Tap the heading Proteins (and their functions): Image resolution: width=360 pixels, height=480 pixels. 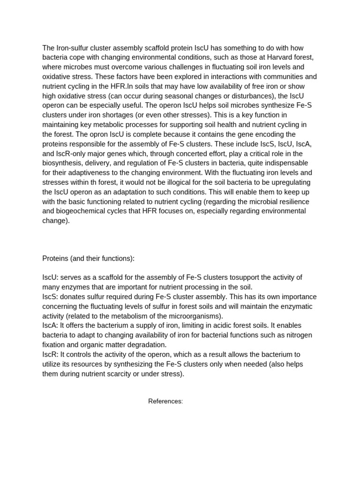[x=89, y=258]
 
